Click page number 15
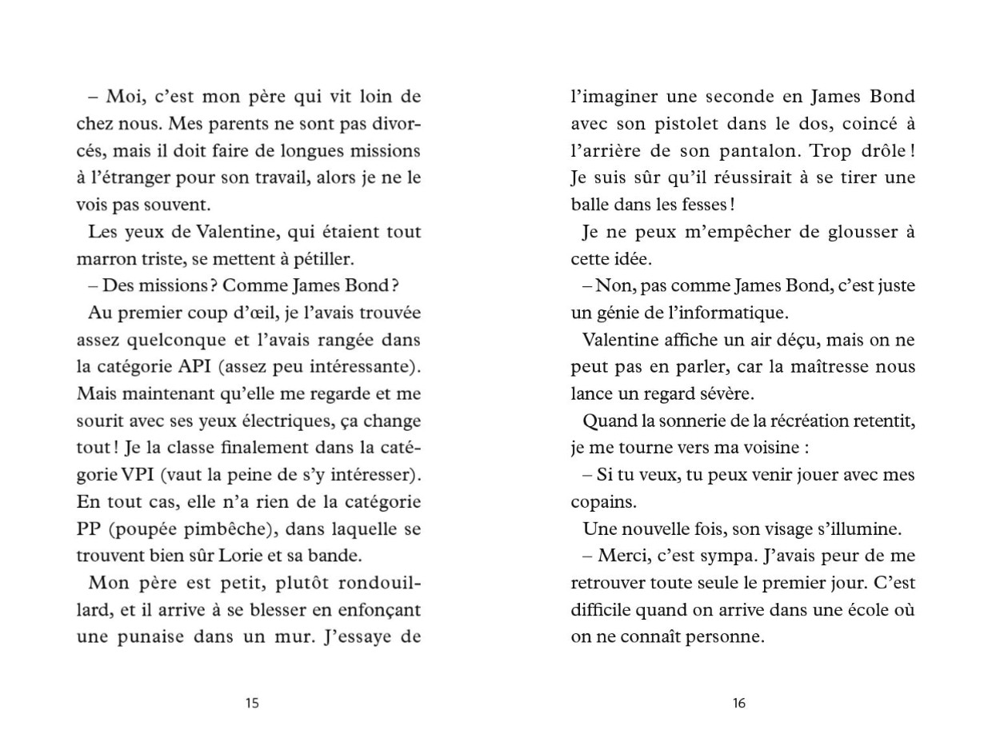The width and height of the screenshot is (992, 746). [252, 704]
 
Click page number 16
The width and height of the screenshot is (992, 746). [738, 704]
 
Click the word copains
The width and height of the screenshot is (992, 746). [601, 502]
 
